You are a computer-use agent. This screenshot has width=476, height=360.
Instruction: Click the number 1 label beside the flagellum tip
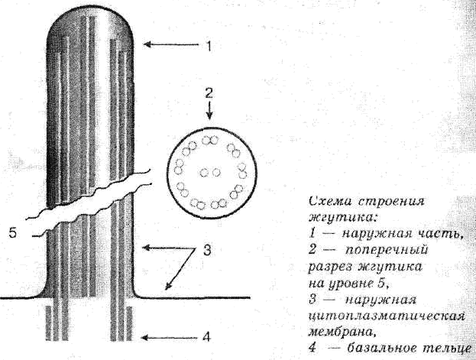click(209, 46)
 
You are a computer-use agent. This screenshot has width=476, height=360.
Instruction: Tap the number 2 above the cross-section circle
click(209, 93)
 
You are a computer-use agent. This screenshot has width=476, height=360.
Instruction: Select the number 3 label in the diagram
click(207, 251)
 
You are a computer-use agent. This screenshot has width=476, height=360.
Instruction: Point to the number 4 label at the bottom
click(206, 336)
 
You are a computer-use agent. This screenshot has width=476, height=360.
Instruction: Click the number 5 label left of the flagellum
click(14, 233)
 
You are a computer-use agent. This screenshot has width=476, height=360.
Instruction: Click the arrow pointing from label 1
click(171, 44)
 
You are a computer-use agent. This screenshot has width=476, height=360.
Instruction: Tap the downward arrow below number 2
click(209, 111)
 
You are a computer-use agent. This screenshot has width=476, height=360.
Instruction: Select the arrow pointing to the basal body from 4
click(170, 337)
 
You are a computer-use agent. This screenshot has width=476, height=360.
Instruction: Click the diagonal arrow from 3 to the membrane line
click(180, 269)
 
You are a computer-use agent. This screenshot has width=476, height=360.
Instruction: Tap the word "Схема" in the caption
click(330, 202)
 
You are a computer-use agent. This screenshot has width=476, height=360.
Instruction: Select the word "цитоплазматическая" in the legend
click(387, 316)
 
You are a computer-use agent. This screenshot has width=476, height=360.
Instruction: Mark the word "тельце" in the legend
click(448, 349)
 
